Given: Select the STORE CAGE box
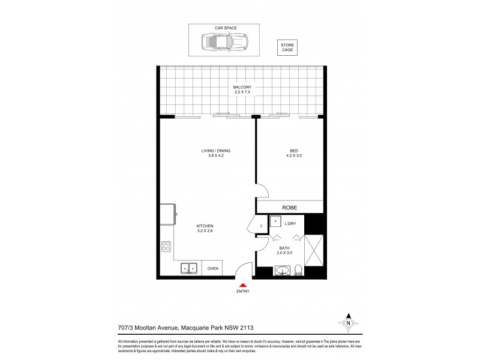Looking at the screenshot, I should point(287,48).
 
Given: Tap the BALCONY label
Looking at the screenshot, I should point(242,90).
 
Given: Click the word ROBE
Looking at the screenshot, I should point(290,207).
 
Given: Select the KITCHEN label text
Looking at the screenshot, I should point(205,228).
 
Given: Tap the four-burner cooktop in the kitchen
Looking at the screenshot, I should point(166,245).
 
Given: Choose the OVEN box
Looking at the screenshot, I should point(212,269).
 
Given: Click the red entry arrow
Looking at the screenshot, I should point(242,285).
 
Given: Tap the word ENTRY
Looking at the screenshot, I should point(242,292).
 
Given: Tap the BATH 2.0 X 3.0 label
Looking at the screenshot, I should point(285,250).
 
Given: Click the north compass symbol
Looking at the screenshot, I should point(347,323).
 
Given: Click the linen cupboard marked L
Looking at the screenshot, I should point(262,226).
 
